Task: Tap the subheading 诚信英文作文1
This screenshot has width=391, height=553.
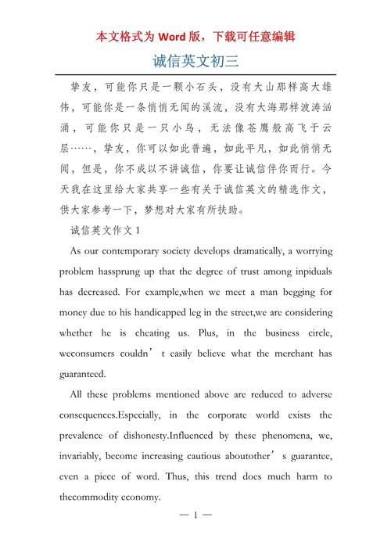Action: pos(104,230)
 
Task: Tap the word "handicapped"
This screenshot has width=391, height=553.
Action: pos(191,311)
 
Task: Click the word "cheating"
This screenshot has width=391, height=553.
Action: pos(180,332)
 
